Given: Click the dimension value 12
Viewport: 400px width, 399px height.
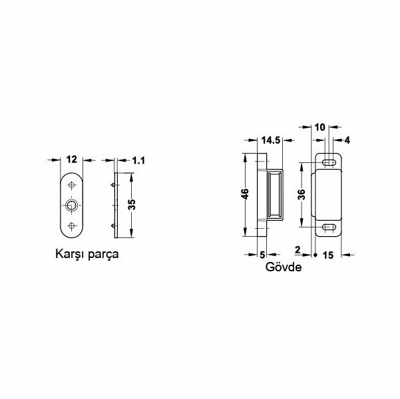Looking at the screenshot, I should [73, 160].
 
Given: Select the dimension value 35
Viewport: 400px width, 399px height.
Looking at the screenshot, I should [132, 205].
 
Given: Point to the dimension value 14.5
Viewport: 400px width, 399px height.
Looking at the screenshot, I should [271, 140].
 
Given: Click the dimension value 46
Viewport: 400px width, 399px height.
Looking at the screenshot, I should [245, 195].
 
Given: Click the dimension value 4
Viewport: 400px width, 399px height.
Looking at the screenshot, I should [346, 140].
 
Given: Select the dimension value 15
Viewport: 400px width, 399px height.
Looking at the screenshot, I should [327, 254].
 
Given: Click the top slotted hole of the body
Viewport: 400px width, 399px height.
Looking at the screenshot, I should [328, 163].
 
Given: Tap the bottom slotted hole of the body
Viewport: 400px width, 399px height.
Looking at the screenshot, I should [328, 228].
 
